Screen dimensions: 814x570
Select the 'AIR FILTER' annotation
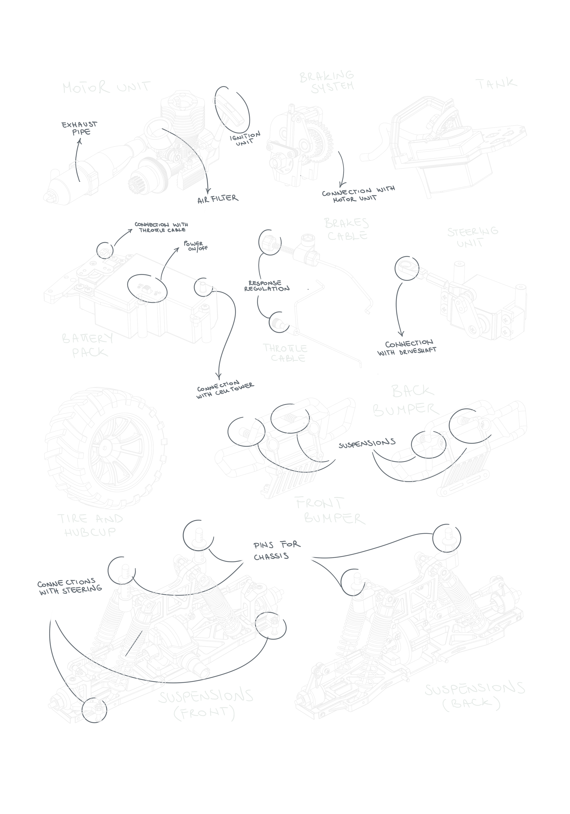[218, 199]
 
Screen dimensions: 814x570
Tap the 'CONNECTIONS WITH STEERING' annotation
[70, 587]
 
